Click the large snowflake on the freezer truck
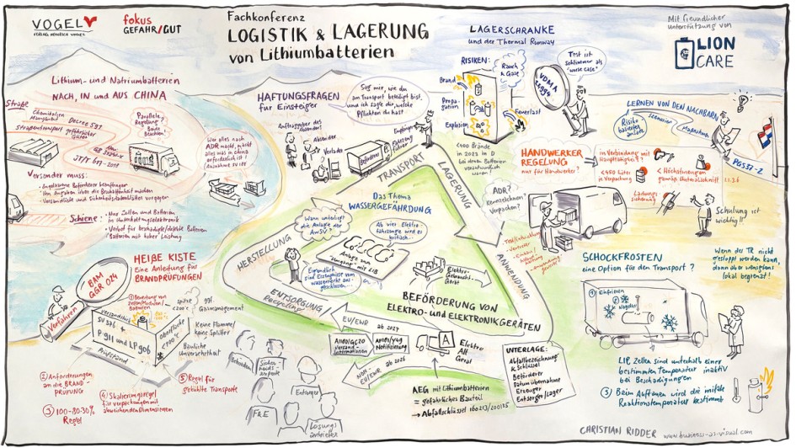670,322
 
